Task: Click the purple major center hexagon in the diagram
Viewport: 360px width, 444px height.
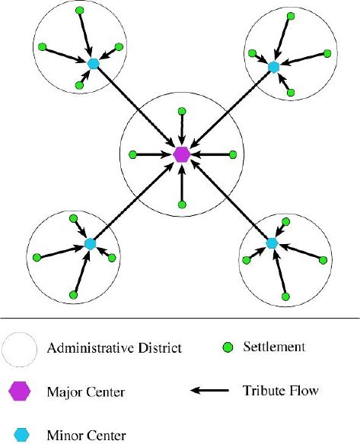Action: point(181,154)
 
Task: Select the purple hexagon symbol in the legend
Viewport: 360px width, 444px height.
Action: point(20,391)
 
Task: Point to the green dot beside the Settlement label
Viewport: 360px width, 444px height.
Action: point(228,347)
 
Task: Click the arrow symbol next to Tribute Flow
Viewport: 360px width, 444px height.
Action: point(209,391)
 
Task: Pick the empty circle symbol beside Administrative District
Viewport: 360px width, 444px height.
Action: point(20,350)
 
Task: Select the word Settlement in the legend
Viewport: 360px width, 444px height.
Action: point(274,347)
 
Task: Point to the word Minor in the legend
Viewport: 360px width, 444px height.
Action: point(64,435)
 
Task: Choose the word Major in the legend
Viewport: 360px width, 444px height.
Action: point(65,392)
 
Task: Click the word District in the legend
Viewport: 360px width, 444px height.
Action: point(160,347)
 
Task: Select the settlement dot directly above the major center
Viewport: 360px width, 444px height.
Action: point(182,111)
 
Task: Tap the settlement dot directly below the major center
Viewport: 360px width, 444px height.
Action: point(182,205)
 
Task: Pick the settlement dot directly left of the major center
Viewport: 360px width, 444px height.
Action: point(132,155)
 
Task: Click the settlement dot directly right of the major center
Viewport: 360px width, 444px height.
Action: point(233,155)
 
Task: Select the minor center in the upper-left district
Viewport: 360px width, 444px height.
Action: point(93,63)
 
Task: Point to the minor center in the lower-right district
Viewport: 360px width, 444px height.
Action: point(272,243)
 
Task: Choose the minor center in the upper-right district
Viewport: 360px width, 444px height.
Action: point(273,67)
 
